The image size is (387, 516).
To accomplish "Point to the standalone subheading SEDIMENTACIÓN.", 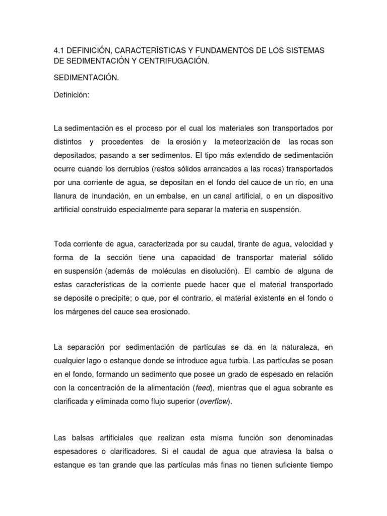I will (x=86, y=79).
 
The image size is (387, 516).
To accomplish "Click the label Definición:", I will (x=72, y=95).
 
